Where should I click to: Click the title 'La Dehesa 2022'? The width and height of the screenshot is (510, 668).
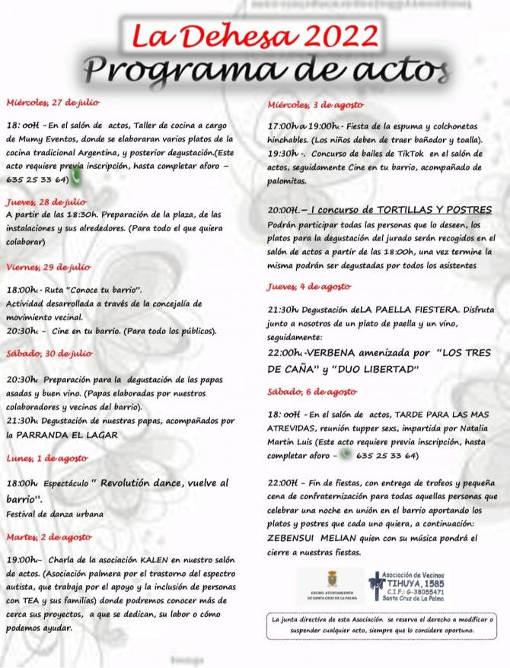click(255, 34)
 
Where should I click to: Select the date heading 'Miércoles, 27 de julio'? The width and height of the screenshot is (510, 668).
click(53, 102)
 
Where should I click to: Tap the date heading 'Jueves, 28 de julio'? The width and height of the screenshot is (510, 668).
click(46, 202)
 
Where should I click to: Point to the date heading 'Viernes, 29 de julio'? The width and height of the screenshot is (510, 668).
click(48, 267)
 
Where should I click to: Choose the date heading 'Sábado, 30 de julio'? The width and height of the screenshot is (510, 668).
click(49, 354)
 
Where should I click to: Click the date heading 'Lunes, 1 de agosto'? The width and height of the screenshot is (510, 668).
click(47, 458)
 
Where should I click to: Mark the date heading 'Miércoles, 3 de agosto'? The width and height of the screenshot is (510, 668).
click(315, 104)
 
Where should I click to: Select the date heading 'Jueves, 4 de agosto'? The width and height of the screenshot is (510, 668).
click(308, 287)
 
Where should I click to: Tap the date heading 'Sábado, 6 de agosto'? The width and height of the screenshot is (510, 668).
click(311, 391)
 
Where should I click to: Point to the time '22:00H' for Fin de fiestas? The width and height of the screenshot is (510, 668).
click(282, 482)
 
